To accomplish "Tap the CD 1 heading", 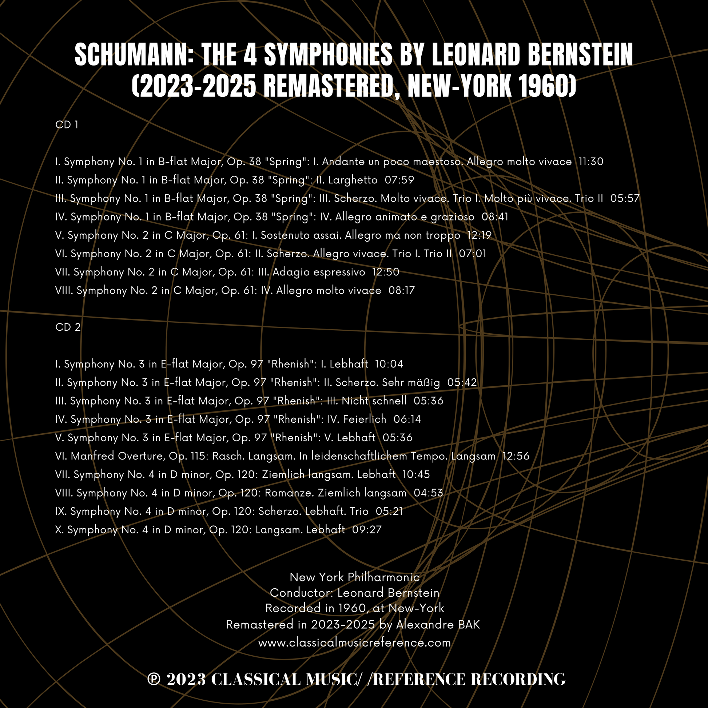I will pos(67,125).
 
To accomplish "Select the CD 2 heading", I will pos(68,327).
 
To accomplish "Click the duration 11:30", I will pos(591,162).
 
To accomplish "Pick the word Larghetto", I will pos(353,180).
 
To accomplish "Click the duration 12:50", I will pos(386,272).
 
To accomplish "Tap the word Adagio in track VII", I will pos(288,272).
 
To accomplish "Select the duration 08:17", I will pos(402,290).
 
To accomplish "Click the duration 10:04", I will pos(389,364).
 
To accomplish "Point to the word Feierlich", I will pos(364,419).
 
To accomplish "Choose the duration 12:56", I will pos(516,456).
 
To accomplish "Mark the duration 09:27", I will pos(367,529).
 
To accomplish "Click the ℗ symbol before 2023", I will pos(154,679).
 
